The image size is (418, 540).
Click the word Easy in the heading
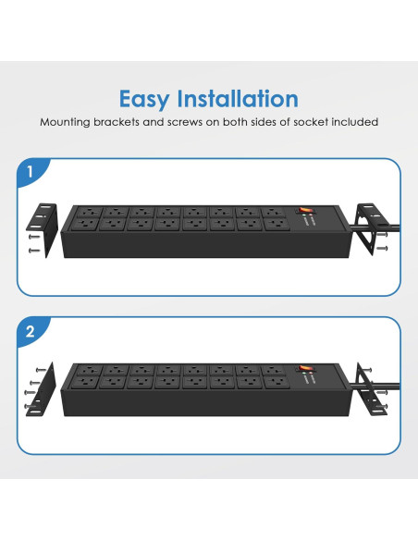click(x=144, y=100)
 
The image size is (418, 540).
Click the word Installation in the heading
click(x=238, y=99)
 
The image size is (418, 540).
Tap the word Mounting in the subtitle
click(x=65, y=122)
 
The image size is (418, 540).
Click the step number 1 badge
click(x=31, y=171)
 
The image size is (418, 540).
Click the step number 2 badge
click(x=31, y=331)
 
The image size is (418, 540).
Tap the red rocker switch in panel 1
click(x=305, y=209)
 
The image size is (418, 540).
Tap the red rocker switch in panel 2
click(x=305, y=368)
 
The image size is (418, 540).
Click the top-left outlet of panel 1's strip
click(x=90, y=212)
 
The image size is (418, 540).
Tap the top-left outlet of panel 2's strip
click(x=90, y=370)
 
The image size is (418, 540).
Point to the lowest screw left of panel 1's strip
click(x=34, y=251)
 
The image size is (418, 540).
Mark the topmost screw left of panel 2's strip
click(x=41, y=370)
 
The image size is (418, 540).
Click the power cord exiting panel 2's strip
click(x=375, y=385)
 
